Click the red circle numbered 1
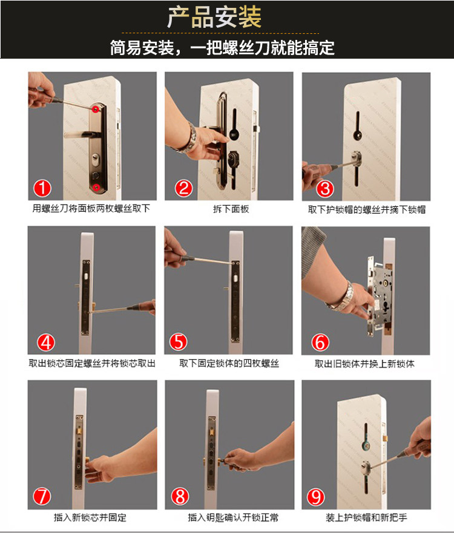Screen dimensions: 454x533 click(x=42, y=188)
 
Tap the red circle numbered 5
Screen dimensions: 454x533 click(x=179, y=342)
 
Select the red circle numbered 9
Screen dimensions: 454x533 click(x=315, y=497)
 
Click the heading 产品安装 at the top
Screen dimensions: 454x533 click(x=214, y=17)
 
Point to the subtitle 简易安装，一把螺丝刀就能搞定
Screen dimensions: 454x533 click(x=222, y=48)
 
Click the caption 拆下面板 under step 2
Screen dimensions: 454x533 click(x=231, y=209)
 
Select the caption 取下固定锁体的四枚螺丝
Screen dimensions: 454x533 click(x=229, y=364)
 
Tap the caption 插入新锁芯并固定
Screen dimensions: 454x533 click(x=90, y=518)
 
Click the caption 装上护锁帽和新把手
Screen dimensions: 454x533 click(x=366, y=518)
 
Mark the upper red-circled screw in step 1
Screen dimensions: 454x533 click(x=96, y=108)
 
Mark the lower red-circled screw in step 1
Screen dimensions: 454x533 click(x=96, y=186)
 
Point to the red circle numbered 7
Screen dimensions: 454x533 click(x=42, y=496)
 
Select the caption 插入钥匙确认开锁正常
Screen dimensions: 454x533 click(x=233, y=518)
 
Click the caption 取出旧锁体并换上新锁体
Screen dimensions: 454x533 click(x=364, y=364)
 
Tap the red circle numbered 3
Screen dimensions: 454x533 click(x=324, y=189)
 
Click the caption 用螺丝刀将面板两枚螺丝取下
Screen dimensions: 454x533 click(x=91, y=208)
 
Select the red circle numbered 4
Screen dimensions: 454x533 click(x=46, y=342)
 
